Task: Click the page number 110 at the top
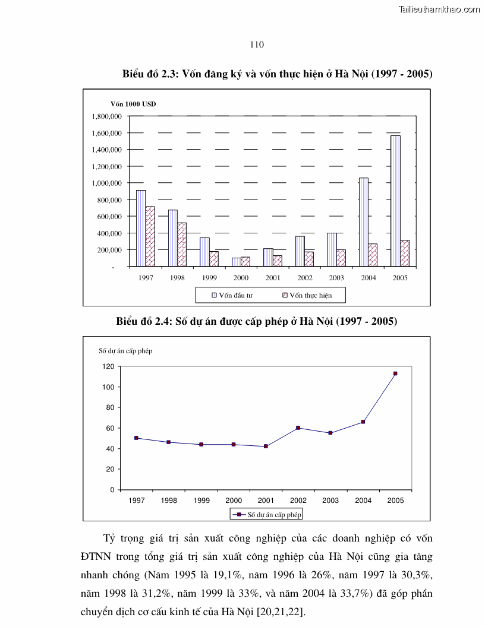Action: click(257, 45)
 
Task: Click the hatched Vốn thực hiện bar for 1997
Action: click(150, 236)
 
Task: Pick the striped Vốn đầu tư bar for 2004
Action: click(363, 222)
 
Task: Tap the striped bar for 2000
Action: click(236, 262)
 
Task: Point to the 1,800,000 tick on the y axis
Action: click(106, 116)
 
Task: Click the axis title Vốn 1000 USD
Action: click(133, 104)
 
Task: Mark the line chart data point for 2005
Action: click(395, 373)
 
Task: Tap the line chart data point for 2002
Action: click(298, 428)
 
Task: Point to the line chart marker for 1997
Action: click(136, 438)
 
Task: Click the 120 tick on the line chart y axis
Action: click(108, 366)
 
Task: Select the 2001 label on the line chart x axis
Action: click(266, 501)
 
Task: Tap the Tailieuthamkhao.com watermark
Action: click(439, 9)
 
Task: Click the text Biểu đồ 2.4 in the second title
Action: click(143, 321)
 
